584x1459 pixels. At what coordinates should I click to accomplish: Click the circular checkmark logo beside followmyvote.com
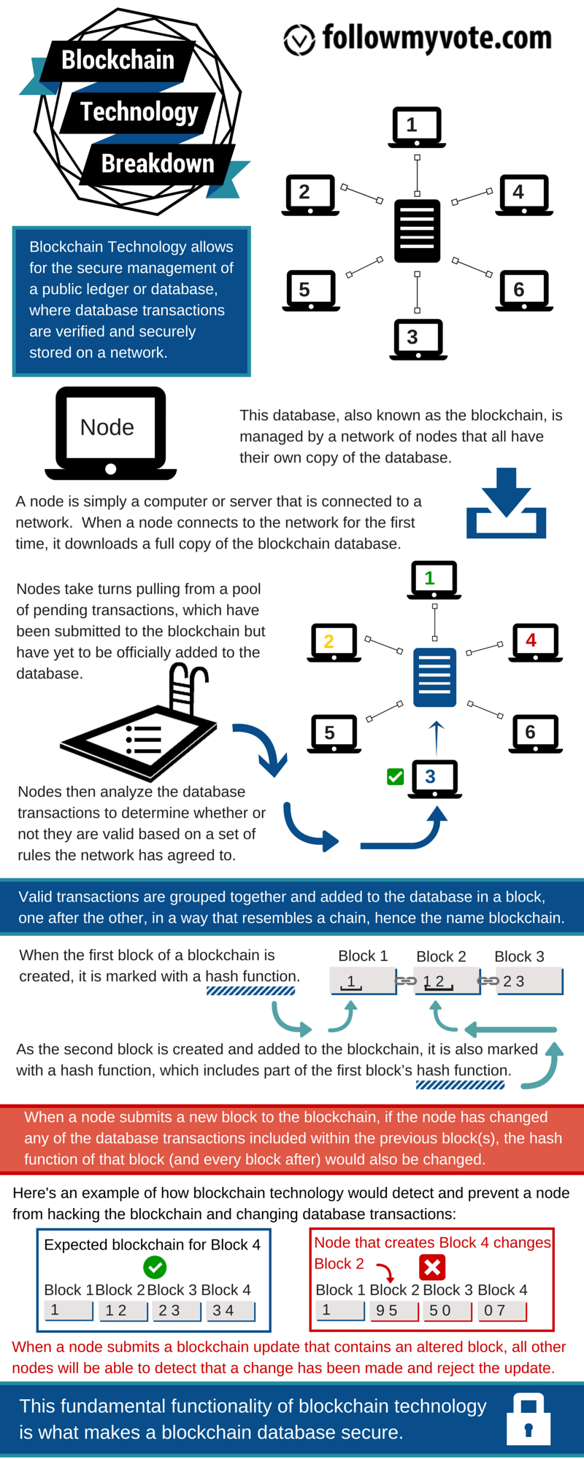(299, 39)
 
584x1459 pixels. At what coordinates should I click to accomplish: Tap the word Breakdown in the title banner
(158, 163)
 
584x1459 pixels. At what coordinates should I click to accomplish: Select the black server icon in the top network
(417, 231)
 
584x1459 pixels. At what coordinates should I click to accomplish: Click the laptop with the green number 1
(434, 579)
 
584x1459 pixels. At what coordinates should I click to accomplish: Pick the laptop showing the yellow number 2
(334, 642)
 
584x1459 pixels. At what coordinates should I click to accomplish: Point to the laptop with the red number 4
(535, 642)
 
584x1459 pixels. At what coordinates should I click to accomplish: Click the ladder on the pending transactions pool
(186, 689)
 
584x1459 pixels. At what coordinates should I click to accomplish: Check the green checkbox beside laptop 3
(396, 777)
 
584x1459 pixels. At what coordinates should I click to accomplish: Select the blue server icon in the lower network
(434, 677)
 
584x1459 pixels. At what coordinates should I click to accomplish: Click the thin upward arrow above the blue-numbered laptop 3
(437, 737)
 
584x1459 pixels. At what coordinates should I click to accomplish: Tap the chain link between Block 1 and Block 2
(406, 981)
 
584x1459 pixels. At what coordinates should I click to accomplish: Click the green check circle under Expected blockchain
(155, 1267)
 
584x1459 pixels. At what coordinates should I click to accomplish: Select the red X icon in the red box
(432, 1267)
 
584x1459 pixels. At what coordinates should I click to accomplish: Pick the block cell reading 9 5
(393, 1311)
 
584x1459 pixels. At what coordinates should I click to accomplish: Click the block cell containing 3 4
(229, 1311)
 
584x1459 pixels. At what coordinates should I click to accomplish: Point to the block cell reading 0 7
(501, 1311)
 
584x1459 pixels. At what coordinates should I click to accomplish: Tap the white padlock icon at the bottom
(529, 1419)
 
